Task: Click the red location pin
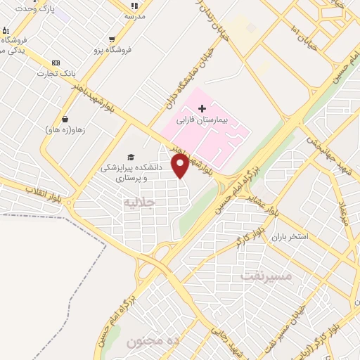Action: point(181,166)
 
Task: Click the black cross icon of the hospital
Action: point(202,108)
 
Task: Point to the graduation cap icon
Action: point(131,157)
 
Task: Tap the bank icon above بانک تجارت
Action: point(56,63)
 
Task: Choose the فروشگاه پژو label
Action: point(112,51)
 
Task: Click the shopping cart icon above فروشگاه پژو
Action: point(112,39)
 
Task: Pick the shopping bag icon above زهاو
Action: point(65,119)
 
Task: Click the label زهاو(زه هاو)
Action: point(65,130)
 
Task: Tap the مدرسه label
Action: point(134,15)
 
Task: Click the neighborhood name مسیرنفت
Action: point(266,275)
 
